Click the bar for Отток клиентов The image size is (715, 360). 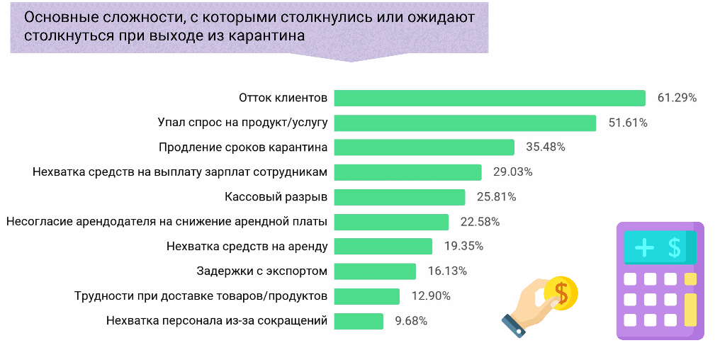tap(489, 98)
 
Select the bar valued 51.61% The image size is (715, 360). tap(464, 123)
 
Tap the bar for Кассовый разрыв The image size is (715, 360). tap(399, 197)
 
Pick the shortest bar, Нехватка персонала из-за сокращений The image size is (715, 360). tap(359, 321)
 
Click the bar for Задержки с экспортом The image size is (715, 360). tap(375, 271)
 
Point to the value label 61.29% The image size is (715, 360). tap(677, 98)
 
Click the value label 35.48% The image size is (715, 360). tap(546, 147)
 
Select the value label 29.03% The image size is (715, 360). tap(513, 172)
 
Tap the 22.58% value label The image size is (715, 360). tap(480, 222)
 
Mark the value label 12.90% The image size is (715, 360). tap(431, 296)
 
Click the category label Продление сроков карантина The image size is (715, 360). tap(243, 147)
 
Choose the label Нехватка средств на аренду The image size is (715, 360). tap(247, 247)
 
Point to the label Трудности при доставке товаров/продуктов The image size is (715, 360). tap(201, 296)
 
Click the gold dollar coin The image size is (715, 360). tap(561, 292)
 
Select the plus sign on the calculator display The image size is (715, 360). tap(644, 247)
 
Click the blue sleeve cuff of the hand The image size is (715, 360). tap(513, 325)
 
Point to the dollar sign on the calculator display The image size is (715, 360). tap(674, 247)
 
